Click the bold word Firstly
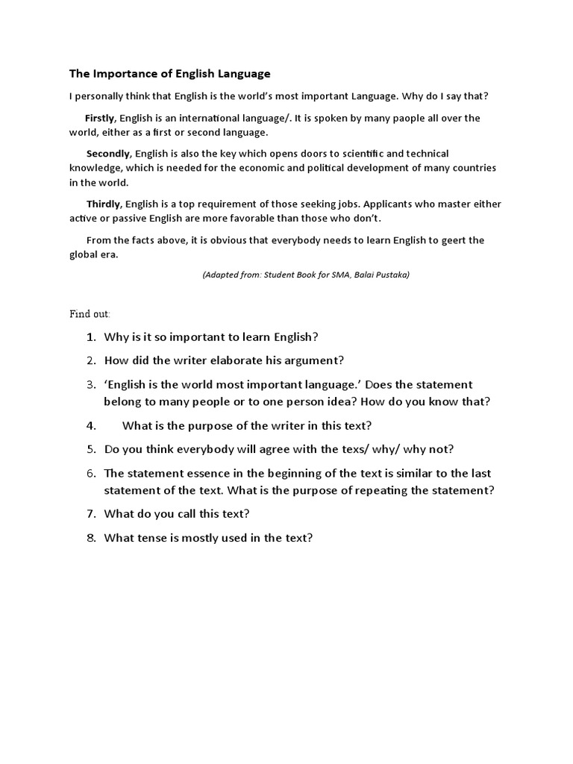(101, 118)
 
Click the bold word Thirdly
(104, 204)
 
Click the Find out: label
(90, 314)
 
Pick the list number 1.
(91, 336)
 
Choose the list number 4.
(91, 425)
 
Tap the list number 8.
(91, 537)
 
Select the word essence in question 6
(207, 473)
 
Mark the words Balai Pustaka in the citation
(376, 275)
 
